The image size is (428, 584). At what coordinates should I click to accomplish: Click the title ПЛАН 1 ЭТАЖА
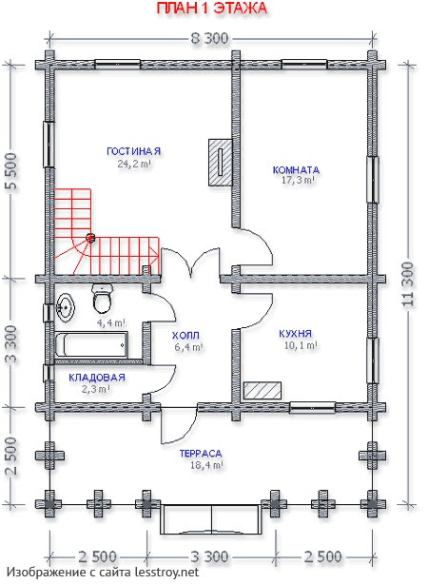[211, 9]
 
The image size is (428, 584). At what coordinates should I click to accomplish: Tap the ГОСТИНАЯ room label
[134, 151]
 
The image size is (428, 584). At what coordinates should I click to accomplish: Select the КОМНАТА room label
[296, 170]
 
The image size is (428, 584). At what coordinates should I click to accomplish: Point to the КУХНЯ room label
[296, 333]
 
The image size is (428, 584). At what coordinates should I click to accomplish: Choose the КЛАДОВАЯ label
[97, 378]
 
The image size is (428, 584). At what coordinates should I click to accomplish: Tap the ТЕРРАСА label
[201, 454]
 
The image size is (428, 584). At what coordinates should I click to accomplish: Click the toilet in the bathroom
[102, 299]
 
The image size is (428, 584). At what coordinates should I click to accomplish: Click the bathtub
[91, 345]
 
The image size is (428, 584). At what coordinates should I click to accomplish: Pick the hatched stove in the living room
[220, 163]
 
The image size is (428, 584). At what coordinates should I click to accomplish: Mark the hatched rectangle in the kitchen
[263, 390]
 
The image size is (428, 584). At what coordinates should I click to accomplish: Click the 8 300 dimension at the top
[209, 38]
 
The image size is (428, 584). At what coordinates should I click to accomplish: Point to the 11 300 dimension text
[408, 283]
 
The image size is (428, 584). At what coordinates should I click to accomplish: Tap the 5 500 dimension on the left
[11, 171]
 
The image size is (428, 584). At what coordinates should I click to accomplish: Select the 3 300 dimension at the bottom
[209, 557]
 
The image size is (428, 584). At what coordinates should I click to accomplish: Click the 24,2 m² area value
[134, 164]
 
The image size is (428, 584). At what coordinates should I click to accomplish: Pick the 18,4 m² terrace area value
[206, 465]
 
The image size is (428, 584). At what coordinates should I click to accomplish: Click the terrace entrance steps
[211, 519]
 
